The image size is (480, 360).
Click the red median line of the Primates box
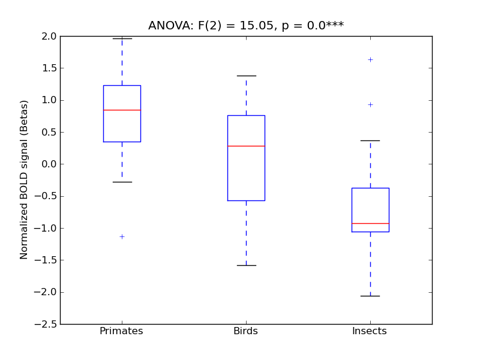point(122,110)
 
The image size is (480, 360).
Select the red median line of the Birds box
point(246,146)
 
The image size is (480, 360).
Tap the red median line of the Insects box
point(370,223)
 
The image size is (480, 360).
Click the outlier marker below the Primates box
point(122,236)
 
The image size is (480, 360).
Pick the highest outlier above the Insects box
point(370,59)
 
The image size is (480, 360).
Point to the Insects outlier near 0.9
point(370,104)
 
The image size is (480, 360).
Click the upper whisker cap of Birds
point(246,76)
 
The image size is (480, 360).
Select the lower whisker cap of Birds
point(246,265)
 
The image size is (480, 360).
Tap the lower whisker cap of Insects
point(370,296)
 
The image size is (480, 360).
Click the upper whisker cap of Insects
point(370,140)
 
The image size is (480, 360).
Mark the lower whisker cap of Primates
point(122,182)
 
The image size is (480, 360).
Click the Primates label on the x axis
point(121,331)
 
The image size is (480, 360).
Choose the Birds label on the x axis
point(245,331)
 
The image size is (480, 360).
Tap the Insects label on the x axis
point(369,331)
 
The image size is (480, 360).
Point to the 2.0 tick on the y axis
point(49,36)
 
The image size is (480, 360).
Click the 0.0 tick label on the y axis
point(49,164)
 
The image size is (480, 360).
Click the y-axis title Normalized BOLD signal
point(25,180)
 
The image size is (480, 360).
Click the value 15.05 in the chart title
point(256,25)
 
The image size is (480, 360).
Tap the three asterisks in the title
point(335,25)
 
